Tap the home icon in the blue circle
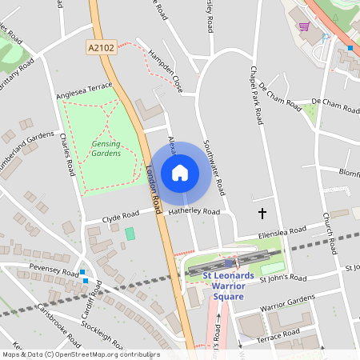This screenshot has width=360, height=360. click(180, 172)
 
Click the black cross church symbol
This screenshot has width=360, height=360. click(262, 213)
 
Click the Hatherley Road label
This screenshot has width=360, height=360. click(194, 212)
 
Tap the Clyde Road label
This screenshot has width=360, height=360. click(121, 215)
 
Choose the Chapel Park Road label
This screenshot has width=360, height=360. click(257, 95)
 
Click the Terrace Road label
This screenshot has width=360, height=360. click(278, 334)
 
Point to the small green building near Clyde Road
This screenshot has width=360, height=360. click(130, 233)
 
